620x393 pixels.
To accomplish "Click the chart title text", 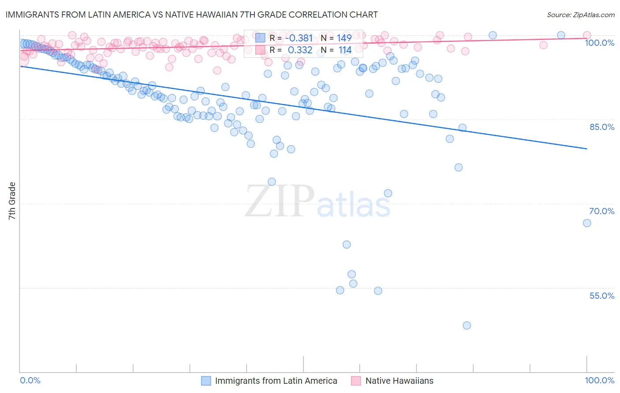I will [x=191, y=15].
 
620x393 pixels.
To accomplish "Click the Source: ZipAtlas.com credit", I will [x=580, y=15].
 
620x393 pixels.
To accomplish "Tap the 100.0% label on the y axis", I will [x=599, y=43].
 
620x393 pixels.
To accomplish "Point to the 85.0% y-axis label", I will [x=602, y=127].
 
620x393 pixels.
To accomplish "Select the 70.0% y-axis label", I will [x=602, y=211].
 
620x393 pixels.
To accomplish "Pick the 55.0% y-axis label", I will [x=602, y=296].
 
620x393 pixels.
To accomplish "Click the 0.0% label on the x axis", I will [x=30, y=381].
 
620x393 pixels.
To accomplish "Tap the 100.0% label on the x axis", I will [x=599, y=381].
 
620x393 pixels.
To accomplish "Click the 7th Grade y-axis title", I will [x=12, y=201].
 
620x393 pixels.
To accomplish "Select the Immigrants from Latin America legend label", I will [x=276, y=381].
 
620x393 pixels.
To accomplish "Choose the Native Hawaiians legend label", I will [x=399, y=381].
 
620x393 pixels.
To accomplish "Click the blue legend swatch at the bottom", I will [x=206, y=381].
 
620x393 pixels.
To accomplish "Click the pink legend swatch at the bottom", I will [x=356, y=381].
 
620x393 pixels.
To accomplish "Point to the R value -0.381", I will [x=299, y=38].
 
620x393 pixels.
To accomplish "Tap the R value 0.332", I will [x=300, y=50].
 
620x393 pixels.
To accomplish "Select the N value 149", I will [x=344, y=38].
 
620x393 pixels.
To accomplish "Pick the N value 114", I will [x=345, y=50].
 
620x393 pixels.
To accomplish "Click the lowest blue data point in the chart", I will [x=467, y=326].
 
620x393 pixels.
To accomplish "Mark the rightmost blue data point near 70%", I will [x=587, y=223].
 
